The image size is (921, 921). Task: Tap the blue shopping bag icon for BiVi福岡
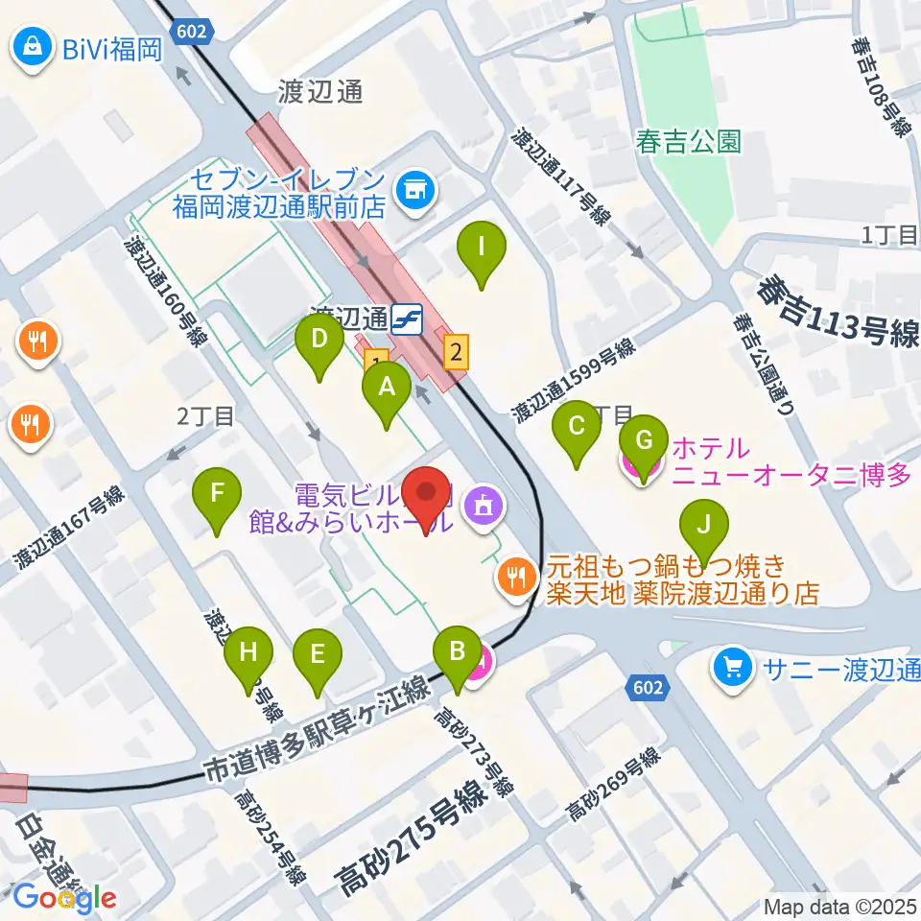pyautogui.click(x=33, y=47)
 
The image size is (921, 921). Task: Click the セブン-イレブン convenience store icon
pyautogui.click(x=415, y=190)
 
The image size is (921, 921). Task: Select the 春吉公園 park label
pyautogui.click(x=688, y=142)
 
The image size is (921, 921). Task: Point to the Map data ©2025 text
pyautogui.click(x=840, y=905)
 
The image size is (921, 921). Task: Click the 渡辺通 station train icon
pyautogui.click(x=409, y=318)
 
